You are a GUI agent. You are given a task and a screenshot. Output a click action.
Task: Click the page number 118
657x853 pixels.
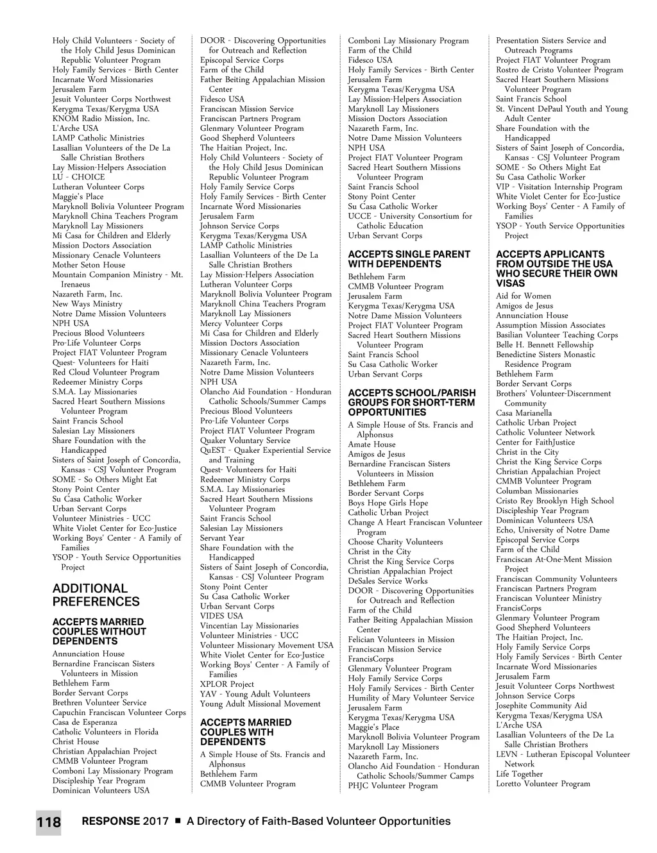[48, 823]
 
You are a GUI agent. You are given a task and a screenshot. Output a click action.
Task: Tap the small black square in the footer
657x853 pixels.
[178, 821]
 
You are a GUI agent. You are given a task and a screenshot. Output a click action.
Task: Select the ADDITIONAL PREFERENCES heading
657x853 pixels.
[96, 595]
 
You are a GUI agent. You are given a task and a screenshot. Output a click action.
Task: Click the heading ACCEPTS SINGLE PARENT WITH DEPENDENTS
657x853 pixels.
[409, 259]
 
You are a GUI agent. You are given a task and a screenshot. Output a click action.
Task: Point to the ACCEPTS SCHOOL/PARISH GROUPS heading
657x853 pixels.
[412, 403]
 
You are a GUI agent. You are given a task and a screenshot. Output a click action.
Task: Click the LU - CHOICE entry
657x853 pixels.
[78, 177]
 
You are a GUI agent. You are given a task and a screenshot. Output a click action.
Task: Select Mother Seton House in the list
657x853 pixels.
[89, 265]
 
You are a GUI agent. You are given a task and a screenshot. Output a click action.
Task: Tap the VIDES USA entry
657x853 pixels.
[221, 616]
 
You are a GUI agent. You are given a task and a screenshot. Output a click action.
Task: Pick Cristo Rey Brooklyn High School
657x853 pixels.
[554, 501]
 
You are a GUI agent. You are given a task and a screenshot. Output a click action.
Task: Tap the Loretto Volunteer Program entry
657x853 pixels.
[543, 784]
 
